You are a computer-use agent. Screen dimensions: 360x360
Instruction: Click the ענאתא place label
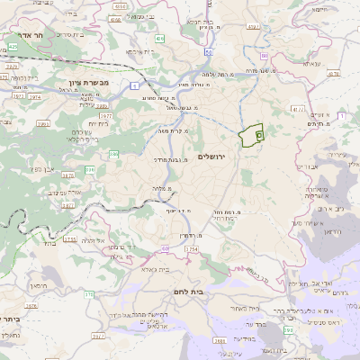(x=311, y=65)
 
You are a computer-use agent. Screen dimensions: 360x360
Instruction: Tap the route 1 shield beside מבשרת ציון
(x=133, y=85)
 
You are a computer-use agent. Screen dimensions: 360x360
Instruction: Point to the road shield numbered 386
(x=114, y=154)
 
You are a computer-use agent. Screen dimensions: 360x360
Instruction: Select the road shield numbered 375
(x=88, y=294)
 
